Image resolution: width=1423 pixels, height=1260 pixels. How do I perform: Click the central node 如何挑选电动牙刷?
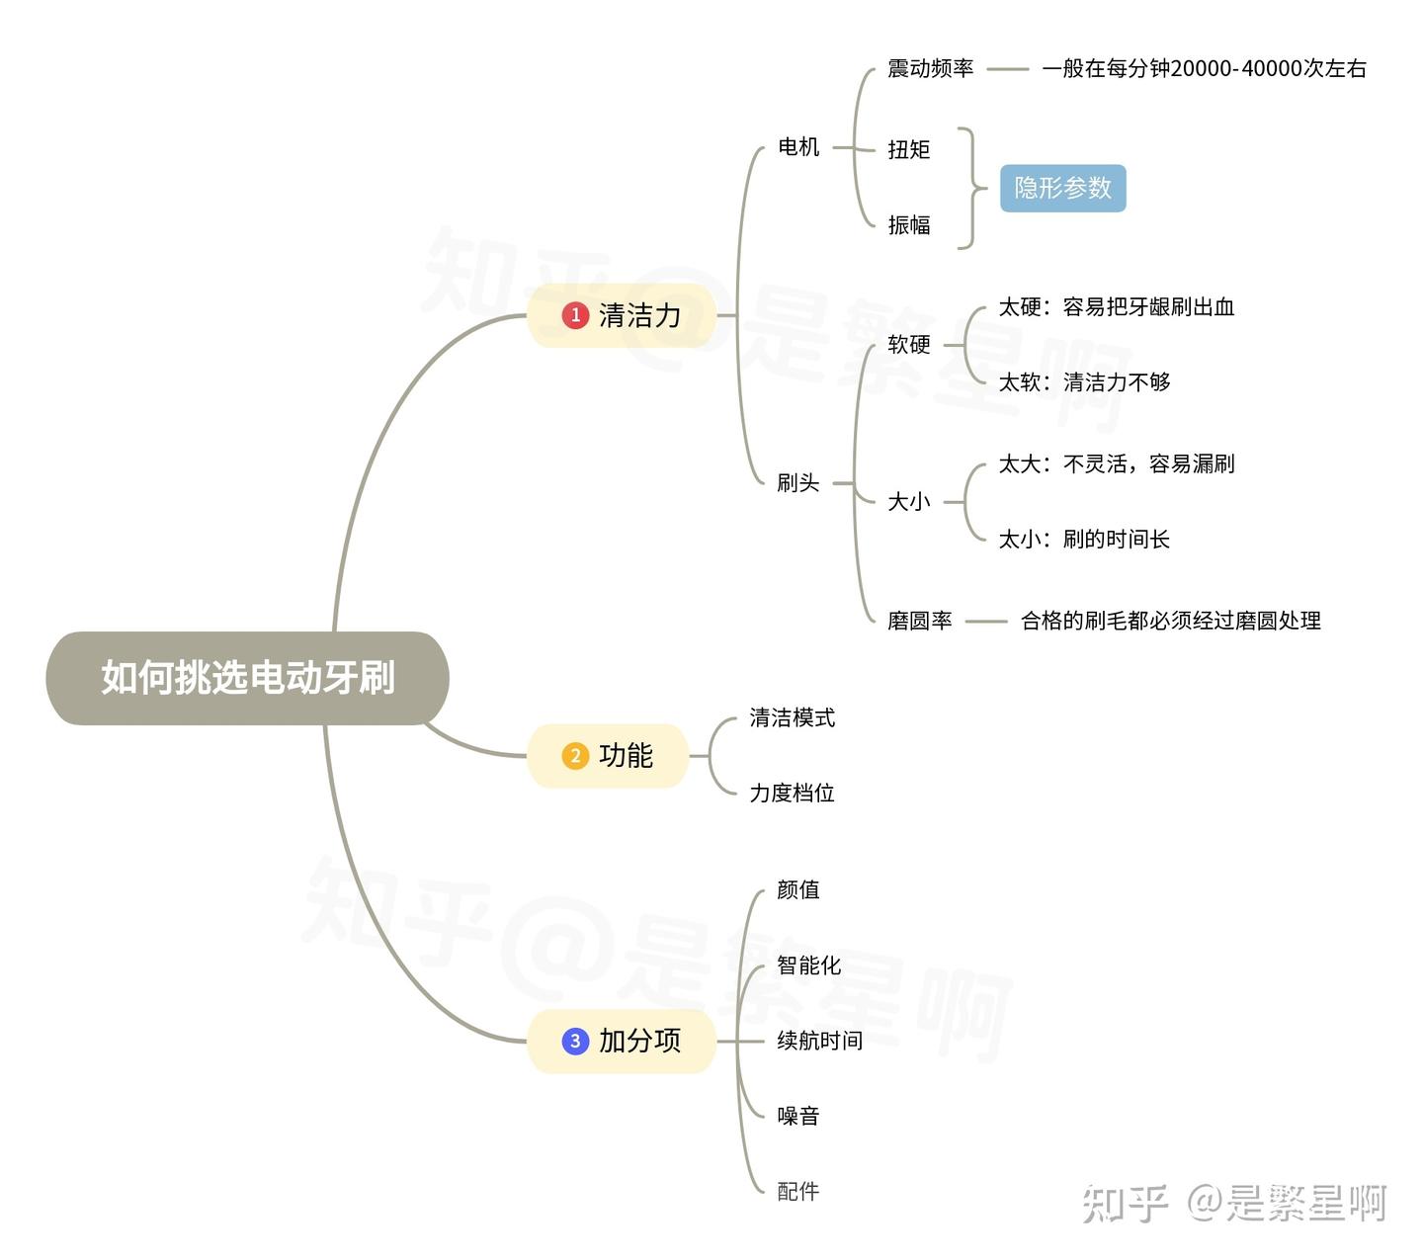[247, 678]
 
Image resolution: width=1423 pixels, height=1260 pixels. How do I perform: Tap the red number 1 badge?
[575, 315]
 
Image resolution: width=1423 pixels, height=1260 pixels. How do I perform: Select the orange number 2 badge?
[575, 756]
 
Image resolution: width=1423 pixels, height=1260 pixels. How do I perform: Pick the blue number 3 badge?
[575, 1041]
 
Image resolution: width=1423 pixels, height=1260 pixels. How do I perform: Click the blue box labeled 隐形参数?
[1062, 188]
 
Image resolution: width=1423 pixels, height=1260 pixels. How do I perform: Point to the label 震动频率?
[930, 68]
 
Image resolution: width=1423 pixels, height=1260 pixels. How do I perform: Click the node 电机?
[798, 147]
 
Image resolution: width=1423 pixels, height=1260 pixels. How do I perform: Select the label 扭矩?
[908, 149]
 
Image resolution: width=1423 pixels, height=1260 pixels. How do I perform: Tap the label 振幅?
[908, 225]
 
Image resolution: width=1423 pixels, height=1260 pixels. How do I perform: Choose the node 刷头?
[797, 483]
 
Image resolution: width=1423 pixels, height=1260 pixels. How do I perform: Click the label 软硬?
[908, 344]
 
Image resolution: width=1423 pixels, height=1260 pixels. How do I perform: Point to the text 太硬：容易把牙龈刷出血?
[1116, 307]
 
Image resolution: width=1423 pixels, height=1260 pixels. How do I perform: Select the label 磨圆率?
[919, 621]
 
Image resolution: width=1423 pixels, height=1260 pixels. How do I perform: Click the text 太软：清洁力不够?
[1084, 382]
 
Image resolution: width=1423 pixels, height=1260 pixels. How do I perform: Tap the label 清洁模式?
[792, 717]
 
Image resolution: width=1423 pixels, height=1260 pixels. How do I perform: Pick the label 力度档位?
[792, 793]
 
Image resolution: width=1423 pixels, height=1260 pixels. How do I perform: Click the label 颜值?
[797, 889]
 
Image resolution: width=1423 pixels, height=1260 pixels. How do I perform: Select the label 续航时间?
[819, 1041]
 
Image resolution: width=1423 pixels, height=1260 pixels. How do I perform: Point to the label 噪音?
[797, 1116]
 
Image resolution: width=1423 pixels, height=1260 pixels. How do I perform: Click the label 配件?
[797, 1191]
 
